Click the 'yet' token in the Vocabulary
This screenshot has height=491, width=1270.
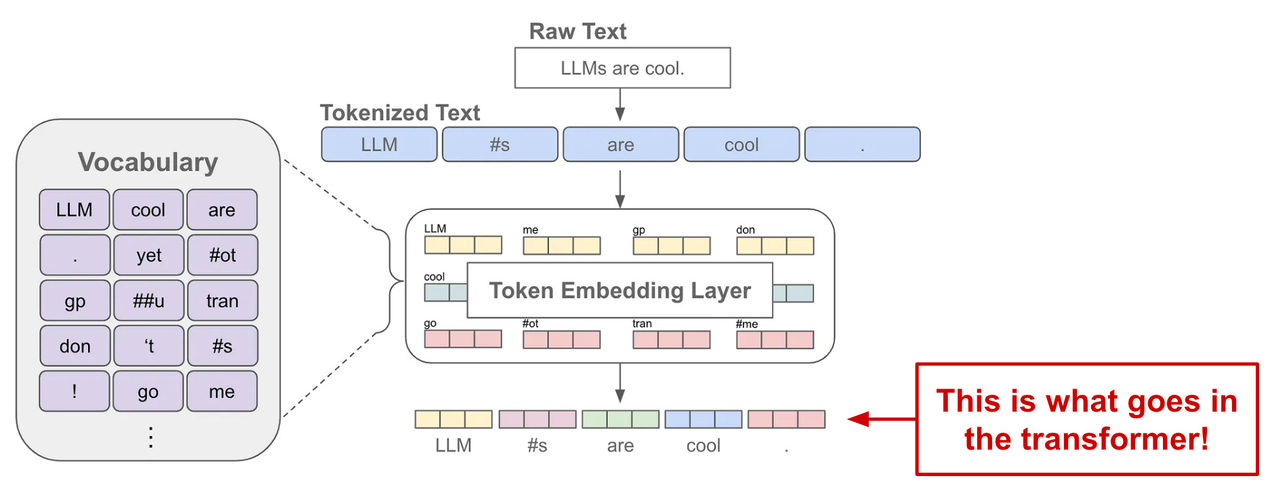148,255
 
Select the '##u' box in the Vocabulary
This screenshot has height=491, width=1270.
148,300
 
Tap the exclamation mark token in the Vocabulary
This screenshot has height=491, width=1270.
75,391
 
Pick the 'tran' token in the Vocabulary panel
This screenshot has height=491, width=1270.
222,300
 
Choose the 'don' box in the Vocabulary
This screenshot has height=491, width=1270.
75,346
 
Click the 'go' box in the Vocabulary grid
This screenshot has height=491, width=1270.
148,391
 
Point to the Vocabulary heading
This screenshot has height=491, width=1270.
148,162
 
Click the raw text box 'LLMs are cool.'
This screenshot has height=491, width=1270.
622,68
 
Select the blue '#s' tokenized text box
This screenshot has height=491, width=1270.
500,144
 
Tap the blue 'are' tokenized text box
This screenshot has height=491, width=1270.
621,144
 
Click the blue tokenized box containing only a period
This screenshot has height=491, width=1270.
862,144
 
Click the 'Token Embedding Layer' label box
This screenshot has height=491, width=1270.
619,290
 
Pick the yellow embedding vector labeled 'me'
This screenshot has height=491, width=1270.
561,245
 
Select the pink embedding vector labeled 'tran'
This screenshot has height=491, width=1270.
671,339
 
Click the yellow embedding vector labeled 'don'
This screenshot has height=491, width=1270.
775,245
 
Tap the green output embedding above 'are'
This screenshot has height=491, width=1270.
620,419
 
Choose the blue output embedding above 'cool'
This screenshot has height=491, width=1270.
703,419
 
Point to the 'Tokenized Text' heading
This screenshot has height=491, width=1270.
400,113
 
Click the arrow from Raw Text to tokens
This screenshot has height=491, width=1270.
619,105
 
